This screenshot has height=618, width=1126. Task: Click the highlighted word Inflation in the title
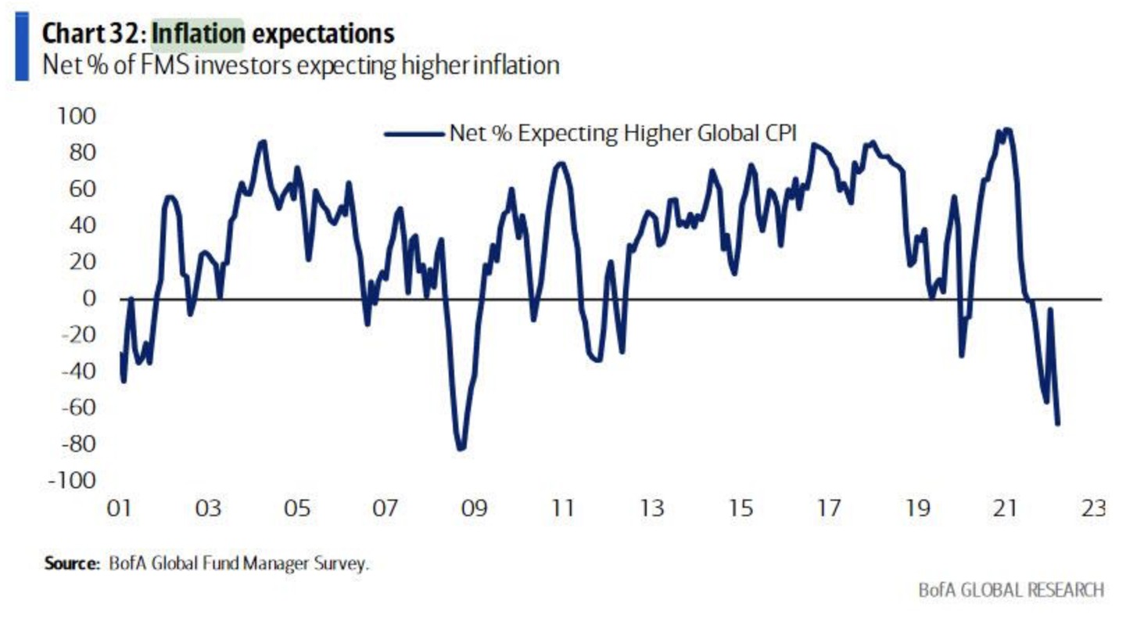point(198,34)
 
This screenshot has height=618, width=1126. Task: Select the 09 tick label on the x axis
point(474,508)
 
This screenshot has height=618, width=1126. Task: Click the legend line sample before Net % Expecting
point(414,134)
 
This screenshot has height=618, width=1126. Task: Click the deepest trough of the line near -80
point(461,448)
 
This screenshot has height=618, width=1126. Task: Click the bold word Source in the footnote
point(68,563)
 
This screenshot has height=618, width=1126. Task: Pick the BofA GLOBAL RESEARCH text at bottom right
point(1011,590)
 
